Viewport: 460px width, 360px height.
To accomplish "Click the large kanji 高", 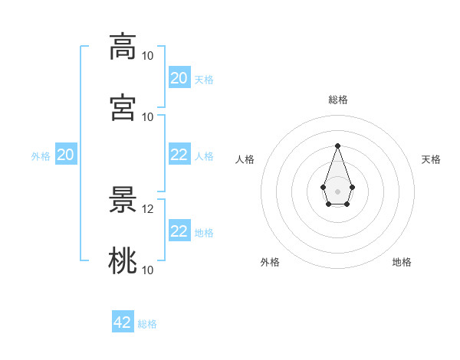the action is coord(123,47).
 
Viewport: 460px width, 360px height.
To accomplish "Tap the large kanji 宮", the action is coord(123,107).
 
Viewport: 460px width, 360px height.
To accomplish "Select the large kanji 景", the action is coord(123,200).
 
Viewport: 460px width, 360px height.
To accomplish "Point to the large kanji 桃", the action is coord(123,260).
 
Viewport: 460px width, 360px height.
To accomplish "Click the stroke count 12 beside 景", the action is coord(147,209).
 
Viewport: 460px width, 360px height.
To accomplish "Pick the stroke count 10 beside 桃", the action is coord(147,270).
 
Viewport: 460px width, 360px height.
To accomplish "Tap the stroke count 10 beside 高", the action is coord(147,56).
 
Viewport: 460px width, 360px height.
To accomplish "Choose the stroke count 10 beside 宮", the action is coord(147,117).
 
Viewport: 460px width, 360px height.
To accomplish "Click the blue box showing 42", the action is coord(123,321).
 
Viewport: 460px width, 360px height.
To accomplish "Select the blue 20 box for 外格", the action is coord(66,154).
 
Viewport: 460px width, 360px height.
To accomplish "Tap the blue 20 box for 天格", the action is coord(179,77).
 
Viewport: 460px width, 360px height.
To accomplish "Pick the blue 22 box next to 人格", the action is coord(179,154).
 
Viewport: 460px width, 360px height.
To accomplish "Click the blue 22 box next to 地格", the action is coord(179,230).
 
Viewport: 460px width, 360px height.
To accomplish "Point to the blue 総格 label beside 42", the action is coord(147,324).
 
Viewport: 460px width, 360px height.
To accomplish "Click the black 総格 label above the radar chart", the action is coord(338,100).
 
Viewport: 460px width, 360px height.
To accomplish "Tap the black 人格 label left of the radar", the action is coord(245,159).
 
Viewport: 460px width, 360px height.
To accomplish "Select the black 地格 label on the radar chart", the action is coord(402,262).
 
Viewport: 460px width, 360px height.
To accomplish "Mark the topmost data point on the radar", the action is coord(337,146).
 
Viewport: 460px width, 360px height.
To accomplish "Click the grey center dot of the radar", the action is coord(337,191).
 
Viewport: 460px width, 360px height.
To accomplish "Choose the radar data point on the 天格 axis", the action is coord(353,187).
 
